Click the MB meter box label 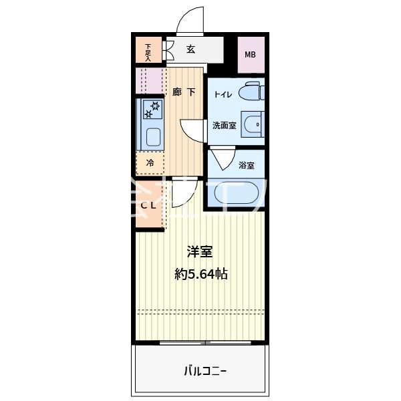point(250,55)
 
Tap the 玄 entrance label point(190,49)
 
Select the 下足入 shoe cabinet point(148,52)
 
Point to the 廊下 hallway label point(184,92)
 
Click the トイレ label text point(223,95)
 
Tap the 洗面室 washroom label point(224,125)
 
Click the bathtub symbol point(234,194)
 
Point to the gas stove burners point(152,109)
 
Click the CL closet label point(148,205)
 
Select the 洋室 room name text point(199,252)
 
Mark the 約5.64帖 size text point(199,273)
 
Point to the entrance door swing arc point(190,19)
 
